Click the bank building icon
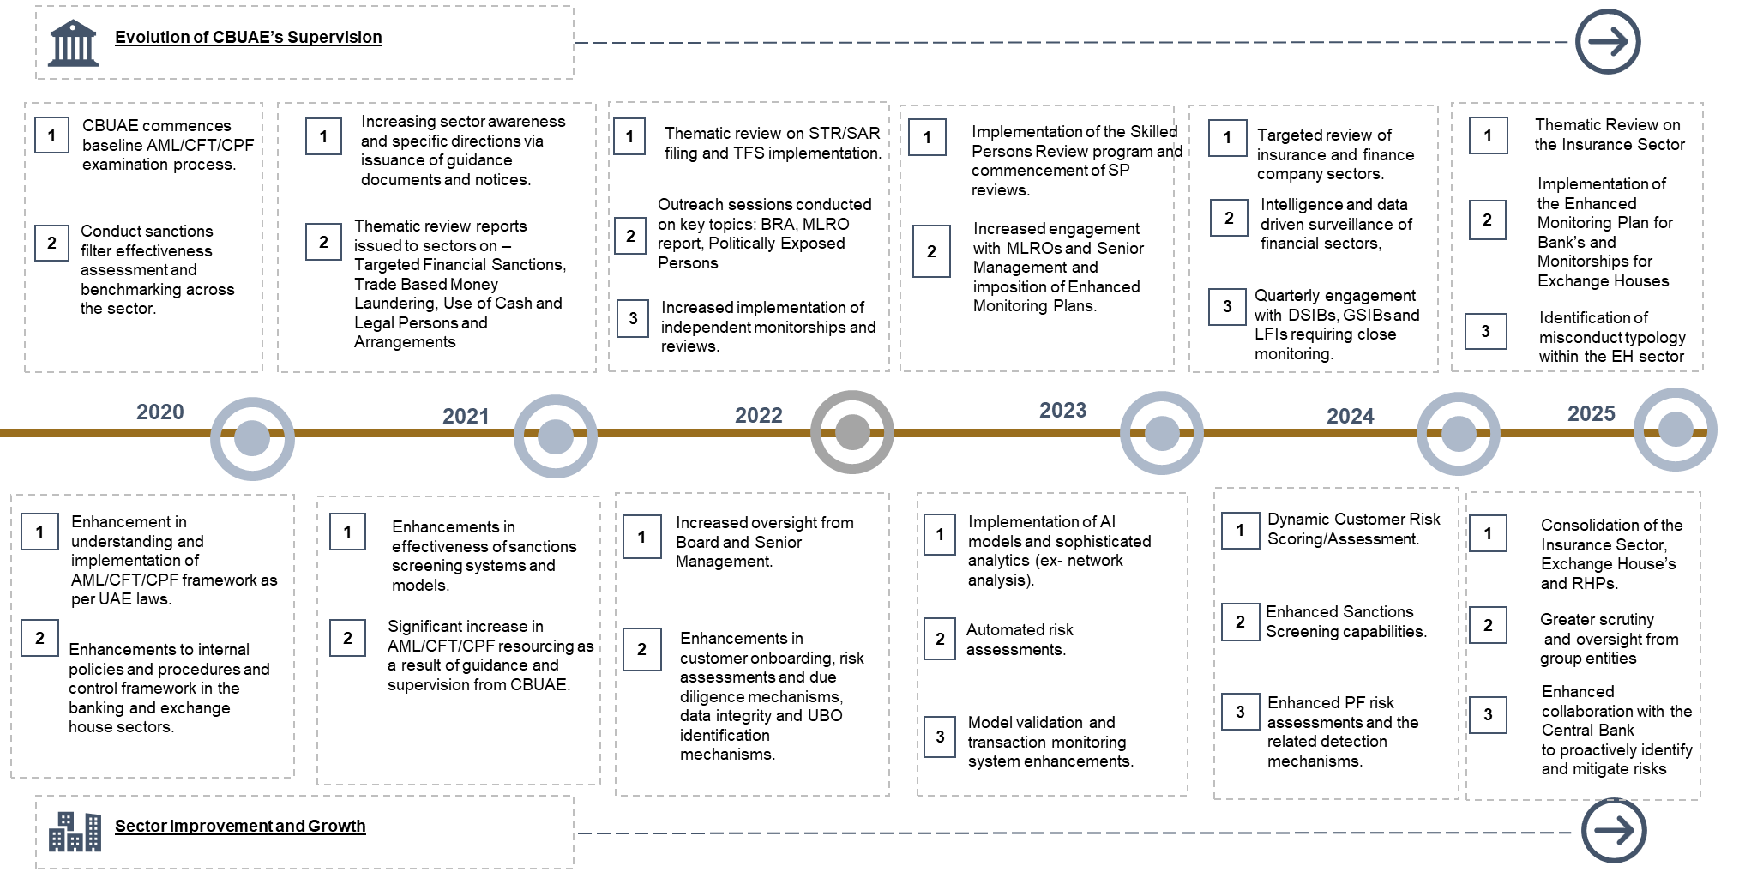point(74,43)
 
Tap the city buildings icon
point(75,831)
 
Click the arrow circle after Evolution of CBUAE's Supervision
point(1608,42)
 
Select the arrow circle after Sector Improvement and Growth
point(1614,830)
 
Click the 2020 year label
point(160,412)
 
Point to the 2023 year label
point(1063,411)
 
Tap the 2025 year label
point(1592,414)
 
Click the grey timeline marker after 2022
point(852,432)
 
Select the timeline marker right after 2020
point(252,438)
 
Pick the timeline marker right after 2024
point(1459,434)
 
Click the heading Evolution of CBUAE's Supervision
point(249,38)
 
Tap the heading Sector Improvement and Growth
point(240,827)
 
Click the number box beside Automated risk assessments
point(940,639)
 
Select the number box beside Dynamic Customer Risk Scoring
point(1240,531)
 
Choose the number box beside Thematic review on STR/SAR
point(629,137)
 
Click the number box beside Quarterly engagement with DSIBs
point(1227,307)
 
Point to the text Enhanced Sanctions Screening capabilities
point(1346,622)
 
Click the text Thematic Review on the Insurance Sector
point(1610,135)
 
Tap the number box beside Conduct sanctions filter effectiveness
point(51,243)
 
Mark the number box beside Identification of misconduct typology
point(1486,332)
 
